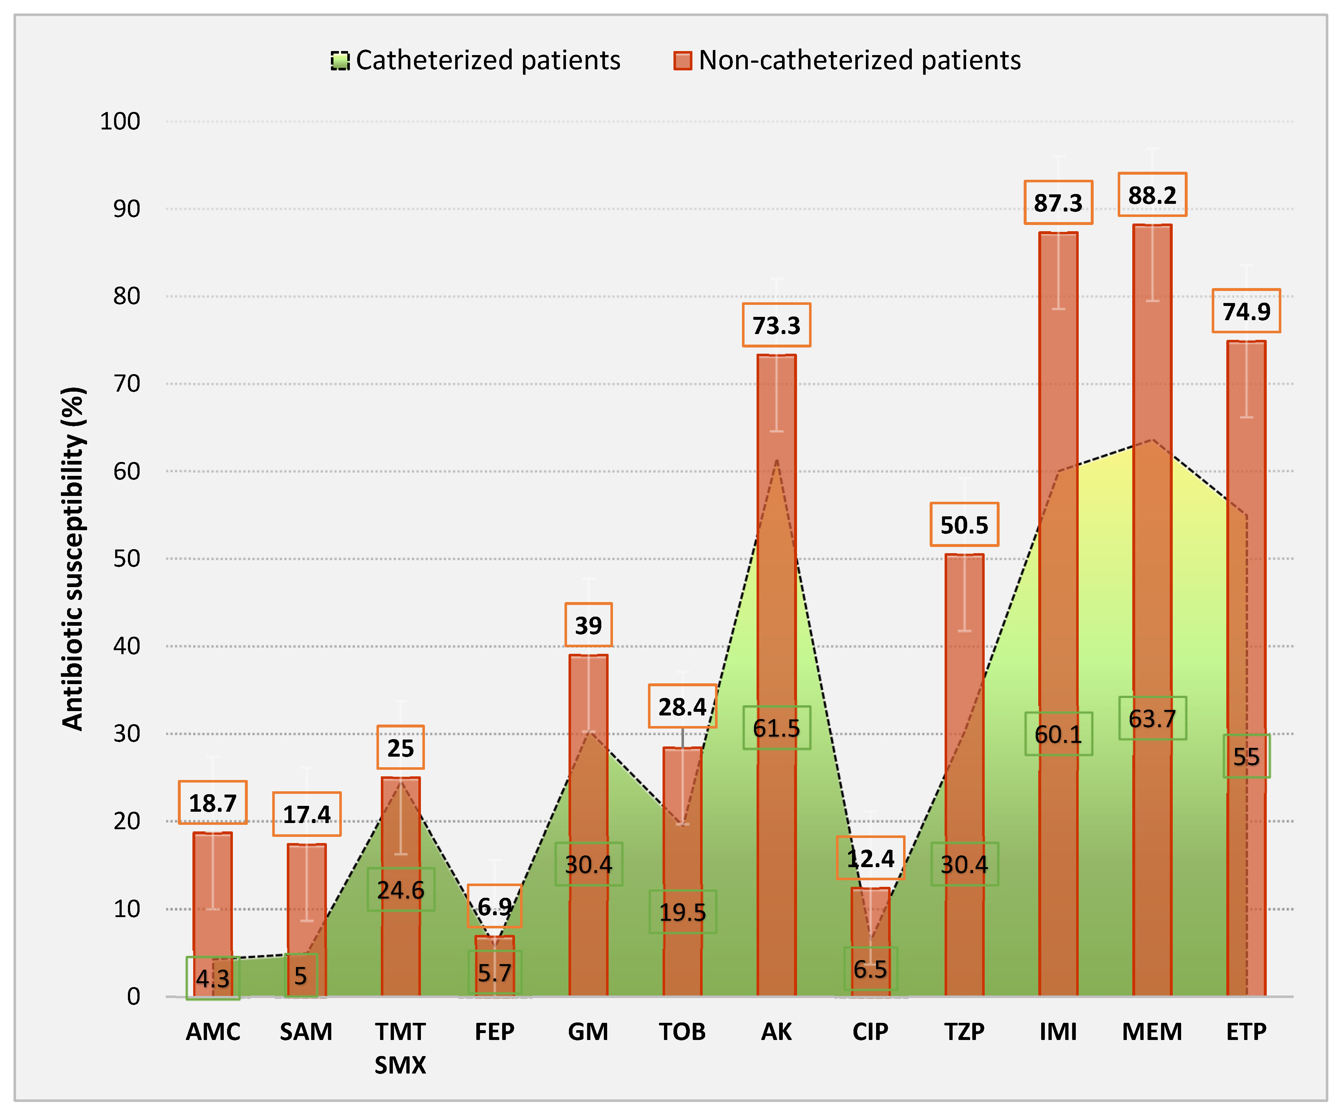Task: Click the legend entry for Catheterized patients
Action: [475, 61]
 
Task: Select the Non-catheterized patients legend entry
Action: [847, 61]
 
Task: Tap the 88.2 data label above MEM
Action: [1152, 195]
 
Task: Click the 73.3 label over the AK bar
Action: [776, 326]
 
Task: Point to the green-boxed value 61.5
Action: [776, 728]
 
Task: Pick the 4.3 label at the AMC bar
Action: [212, 978]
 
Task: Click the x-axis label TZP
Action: [964, 1032]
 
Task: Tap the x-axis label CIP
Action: [870, 1032]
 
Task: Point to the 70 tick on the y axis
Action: [126, 384]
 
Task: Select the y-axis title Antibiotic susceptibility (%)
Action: [73, 559]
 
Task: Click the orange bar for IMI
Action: [1058, 511]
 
